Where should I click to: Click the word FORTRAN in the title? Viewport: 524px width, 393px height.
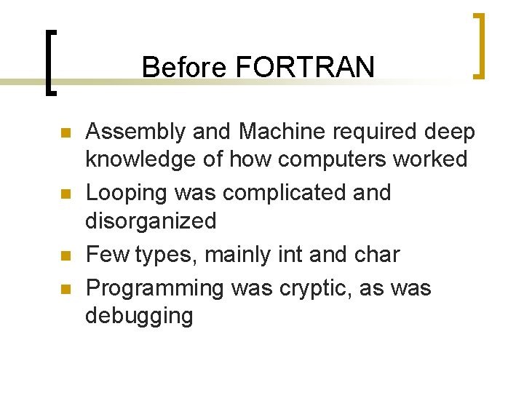click(306, 67)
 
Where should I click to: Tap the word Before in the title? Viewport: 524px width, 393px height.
click(186, 67)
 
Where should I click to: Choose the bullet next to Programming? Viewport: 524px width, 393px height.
click(65, 290)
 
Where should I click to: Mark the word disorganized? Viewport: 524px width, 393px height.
click(151, 221)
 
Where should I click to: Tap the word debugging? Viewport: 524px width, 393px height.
click(139, 316)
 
